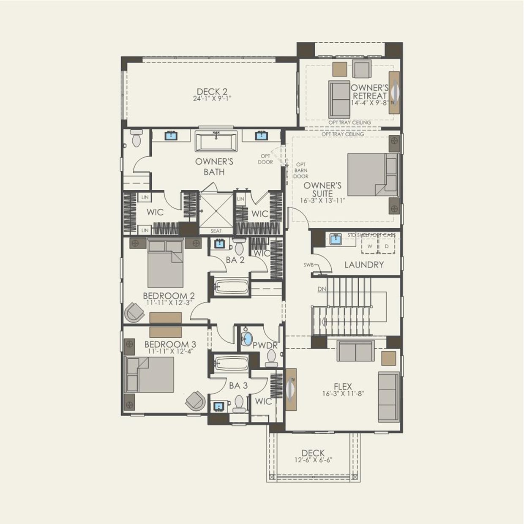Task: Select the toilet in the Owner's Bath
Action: [x=136, y=138]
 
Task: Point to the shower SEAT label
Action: [x=216, y=231]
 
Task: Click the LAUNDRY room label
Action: [x=364, y=265]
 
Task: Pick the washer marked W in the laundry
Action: [x=369, y=246]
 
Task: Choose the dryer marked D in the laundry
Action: [x=386, y=246]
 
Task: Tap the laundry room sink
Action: [x=336, y=240]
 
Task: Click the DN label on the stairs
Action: [x=322, y=289]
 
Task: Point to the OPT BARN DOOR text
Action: [x=301, y=170]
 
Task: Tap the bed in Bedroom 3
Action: [x=150, y=374]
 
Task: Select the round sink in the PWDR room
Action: [x=247, y=338]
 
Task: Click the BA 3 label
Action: [x=238, y=385]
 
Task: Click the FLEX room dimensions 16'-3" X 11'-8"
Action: [x=343, y=393]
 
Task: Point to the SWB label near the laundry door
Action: [x=308, y=265]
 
